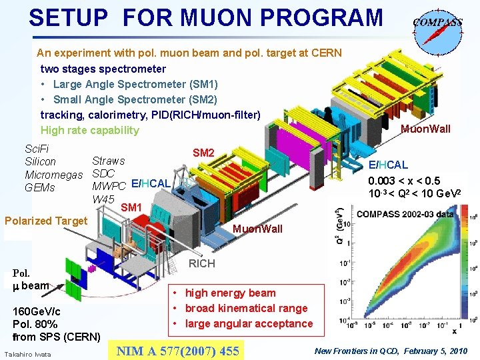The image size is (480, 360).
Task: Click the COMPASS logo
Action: [437, 27]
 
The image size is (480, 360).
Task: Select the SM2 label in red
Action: [203, 153]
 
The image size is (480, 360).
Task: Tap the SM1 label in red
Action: [131, 208]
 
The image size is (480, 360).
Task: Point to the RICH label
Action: [202, 263]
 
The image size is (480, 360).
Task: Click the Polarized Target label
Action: [46, 221]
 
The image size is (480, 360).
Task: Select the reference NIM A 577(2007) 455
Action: [177, 350]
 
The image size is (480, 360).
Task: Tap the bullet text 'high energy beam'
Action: [230, 293]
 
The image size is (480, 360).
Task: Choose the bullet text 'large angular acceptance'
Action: [249, 323]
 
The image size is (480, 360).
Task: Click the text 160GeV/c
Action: [37, 311]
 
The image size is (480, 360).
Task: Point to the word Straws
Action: [109, 161]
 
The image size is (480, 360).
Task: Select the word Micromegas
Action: [53, 175]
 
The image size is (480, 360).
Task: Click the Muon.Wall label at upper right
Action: [425, 129]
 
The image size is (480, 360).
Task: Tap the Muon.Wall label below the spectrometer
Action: [257, 229]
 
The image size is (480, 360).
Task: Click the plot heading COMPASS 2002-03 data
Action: [406, 214]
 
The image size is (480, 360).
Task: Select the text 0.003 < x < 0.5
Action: [406, 181]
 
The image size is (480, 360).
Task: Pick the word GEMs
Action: [39, 188]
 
